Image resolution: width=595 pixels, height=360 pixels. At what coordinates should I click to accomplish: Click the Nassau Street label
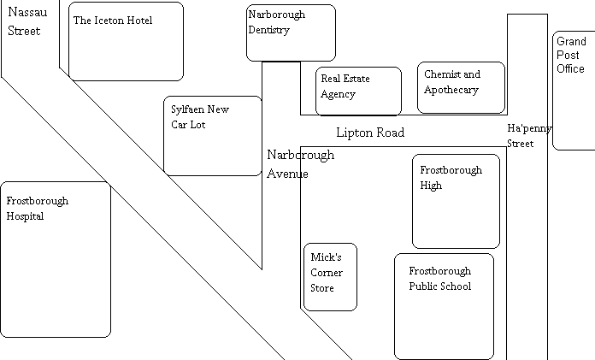[27, 21]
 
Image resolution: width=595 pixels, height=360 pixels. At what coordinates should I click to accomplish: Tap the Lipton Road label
[370, 133]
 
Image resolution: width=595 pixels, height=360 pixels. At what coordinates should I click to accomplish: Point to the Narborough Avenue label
[301, 164]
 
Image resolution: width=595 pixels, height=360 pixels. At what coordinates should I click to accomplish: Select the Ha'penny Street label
[529, 136]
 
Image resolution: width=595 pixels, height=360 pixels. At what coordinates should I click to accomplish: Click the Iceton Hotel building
[126, 41]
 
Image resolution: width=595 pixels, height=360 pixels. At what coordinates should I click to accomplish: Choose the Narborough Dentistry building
[291, 33]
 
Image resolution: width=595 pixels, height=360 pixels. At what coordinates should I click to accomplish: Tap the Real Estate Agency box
[358, 91]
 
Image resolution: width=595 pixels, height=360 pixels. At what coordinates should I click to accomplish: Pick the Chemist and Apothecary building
[461, 88]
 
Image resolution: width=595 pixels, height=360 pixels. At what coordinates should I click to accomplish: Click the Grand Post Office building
[574, 91]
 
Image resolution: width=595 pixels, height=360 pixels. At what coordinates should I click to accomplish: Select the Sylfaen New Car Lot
[213, 136]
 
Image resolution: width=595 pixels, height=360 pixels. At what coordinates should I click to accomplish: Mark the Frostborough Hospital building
[56, 259]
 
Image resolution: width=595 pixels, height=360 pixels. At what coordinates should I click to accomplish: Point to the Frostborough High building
[457, 201]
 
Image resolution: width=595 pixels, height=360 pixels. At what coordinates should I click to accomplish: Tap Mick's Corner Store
[331, 277]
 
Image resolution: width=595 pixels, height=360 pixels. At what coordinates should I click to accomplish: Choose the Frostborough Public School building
[445, 306]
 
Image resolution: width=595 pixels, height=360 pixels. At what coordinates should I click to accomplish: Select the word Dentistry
[269, 30]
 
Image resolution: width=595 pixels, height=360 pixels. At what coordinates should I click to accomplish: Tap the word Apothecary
[451, 90]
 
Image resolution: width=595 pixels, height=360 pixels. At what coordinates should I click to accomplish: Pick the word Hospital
[25, 216]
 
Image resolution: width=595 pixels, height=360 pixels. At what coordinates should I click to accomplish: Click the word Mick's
[326, 257]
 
